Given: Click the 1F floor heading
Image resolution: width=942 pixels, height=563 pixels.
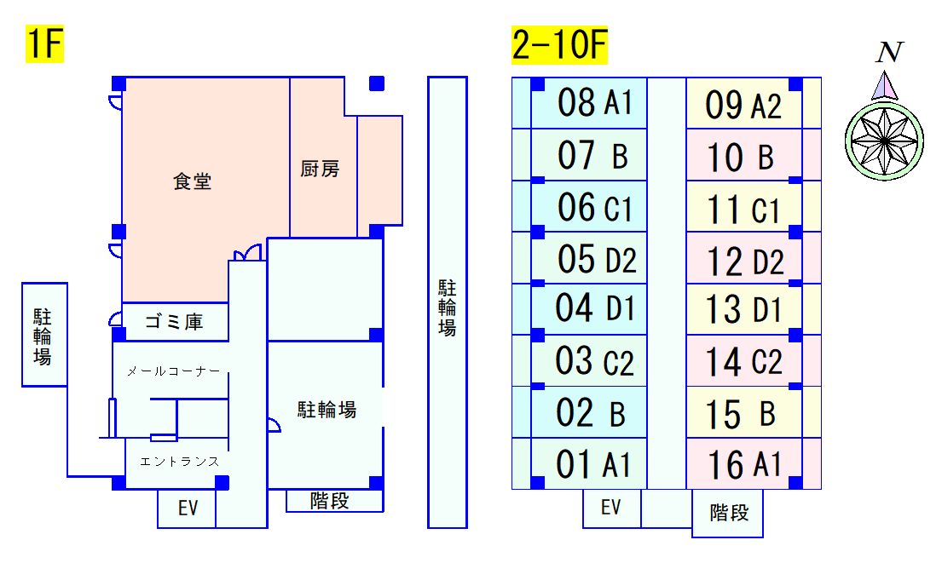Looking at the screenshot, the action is tap(44, 43).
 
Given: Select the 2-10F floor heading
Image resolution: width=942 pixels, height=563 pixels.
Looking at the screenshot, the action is tap(559, 44).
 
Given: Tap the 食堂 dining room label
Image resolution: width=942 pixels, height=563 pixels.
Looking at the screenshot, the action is tap(193, 181).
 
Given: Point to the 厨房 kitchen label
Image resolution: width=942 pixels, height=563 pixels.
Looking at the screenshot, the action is tap(320, 169).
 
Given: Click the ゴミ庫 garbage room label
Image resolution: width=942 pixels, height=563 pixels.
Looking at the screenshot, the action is tap(174, 322).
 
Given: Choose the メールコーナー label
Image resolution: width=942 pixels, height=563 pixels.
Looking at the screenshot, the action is tap(174, 371).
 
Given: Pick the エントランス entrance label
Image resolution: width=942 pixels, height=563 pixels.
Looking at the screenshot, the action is tap(180, 462).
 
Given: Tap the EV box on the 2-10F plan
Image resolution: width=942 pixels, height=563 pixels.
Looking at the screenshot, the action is tap(611, 508).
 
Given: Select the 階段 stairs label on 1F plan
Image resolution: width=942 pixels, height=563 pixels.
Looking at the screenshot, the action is tap(330, 501).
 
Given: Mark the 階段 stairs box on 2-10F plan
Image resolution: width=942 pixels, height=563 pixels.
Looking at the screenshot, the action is tap(727, 514).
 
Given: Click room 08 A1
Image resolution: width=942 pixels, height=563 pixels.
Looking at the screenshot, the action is tap(589, 103).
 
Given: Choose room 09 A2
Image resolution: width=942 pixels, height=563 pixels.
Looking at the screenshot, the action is tap(743, 103).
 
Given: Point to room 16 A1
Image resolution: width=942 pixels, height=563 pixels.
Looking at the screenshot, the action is tap(743, 464).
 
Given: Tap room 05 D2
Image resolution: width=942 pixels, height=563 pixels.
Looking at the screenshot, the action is tap(589, 257).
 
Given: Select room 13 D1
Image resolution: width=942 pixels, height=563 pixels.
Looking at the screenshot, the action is tap(743, 309).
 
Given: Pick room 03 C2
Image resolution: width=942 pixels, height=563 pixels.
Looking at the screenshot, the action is tap(589, 361).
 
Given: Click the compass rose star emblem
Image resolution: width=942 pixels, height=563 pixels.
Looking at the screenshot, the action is tap(884, 141).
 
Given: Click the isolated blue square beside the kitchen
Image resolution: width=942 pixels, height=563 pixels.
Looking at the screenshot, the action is tap(377, 83).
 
